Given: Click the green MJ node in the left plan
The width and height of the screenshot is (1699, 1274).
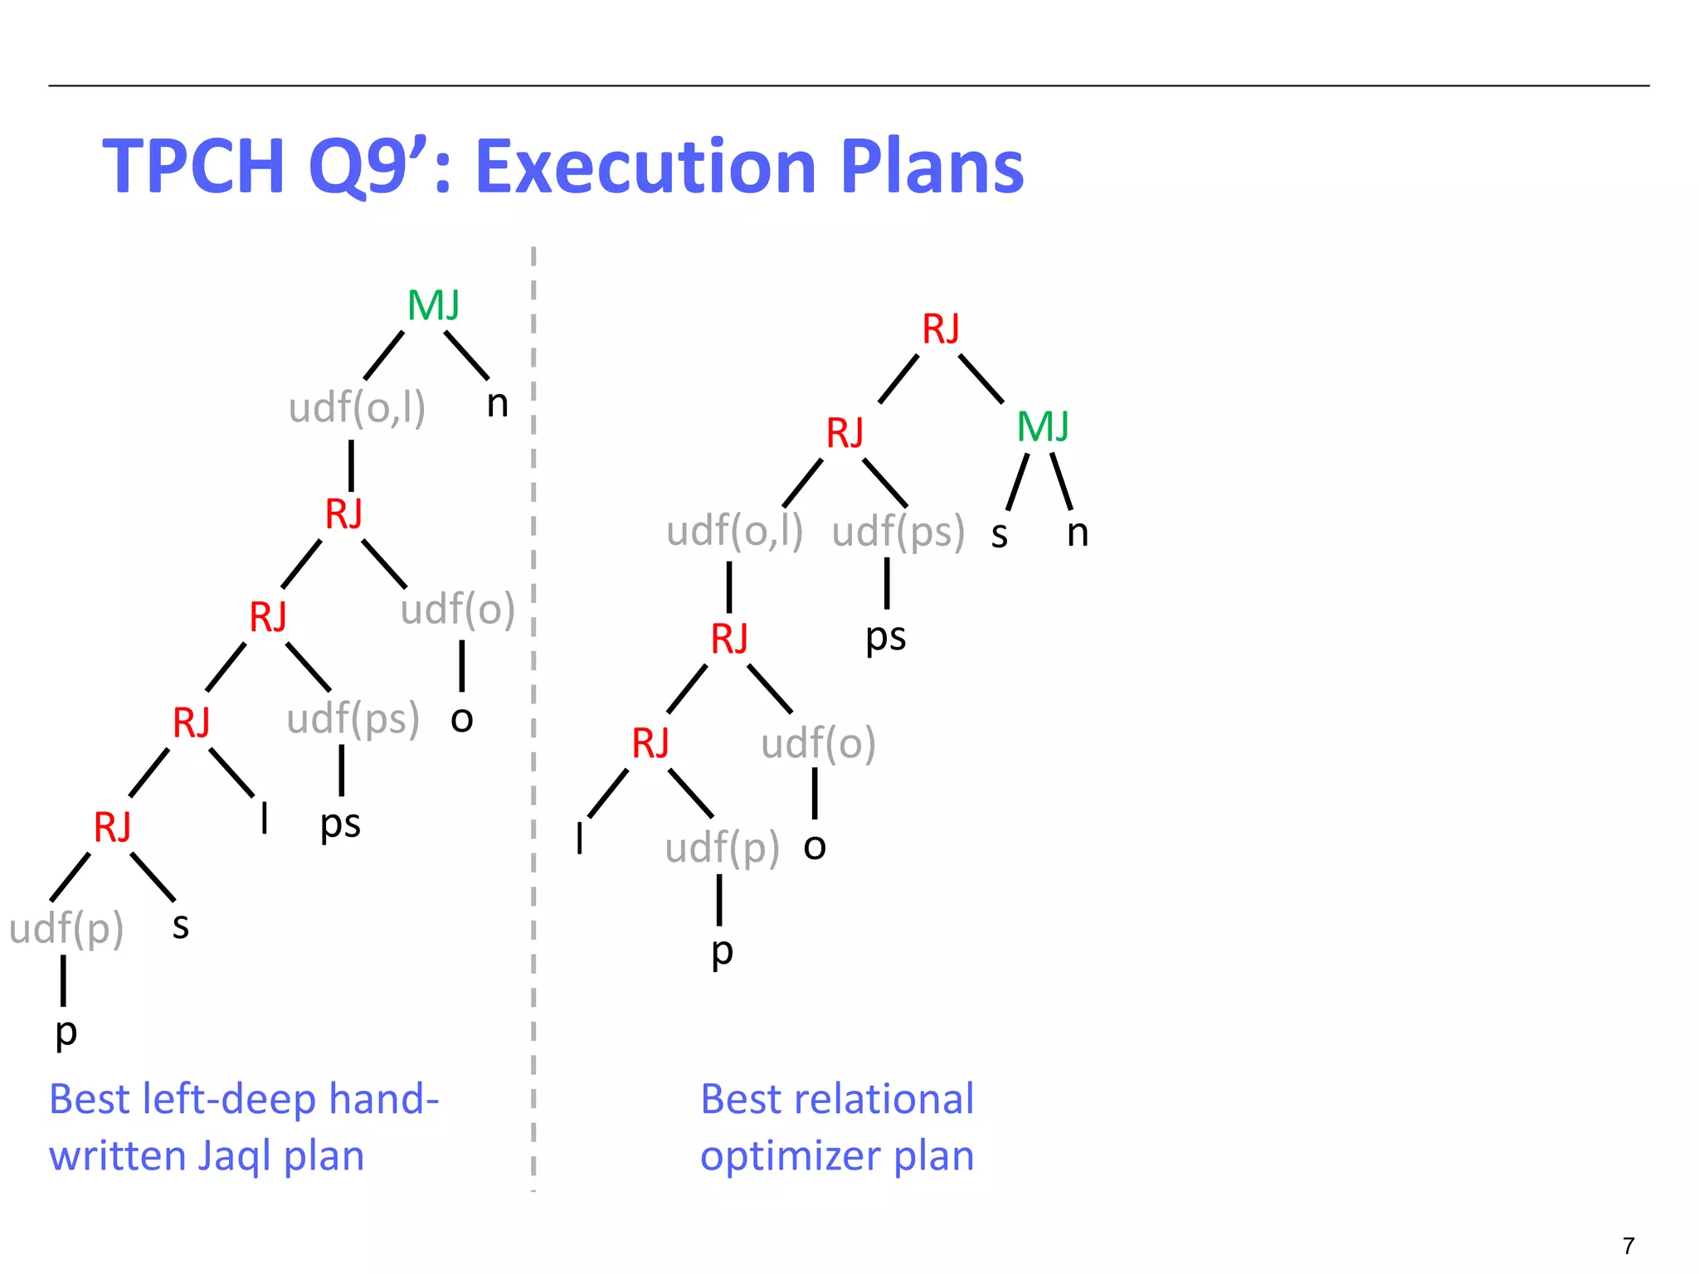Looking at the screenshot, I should [433, 306].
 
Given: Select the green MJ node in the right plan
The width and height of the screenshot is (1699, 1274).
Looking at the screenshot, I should [1043, 427].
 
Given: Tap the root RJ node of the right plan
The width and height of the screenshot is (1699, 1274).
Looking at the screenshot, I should [941, 329].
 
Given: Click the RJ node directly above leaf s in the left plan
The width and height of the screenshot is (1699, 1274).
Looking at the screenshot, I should [113, 828].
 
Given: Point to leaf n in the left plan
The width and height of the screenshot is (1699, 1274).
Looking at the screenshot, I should [497, 405].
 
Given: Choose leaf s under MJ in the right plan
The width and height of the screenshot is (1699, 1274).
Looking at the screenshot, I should [1000, 535].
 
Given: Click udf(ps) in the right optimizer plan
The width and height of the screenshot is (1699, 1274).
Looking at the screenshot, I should [898, 532].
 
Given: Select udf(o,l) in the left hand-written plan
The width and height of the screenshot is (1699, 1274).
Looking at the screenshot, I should [357, 408].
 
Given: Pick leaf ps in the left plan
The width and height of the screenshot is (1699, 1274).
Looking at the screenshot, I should [340, 824].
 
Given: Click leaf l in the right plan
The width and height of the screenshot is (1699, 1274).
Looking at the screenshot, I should [580, 838].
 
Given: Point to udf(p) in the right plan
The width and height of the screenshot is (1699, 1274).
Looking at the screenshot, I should [722, 849].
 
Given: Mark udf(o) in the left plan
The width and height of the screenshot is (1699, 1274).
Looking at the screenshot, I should [457, 610].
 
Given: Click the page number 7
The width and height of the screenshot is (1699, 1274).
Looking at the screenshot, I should [1628, 1246].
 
